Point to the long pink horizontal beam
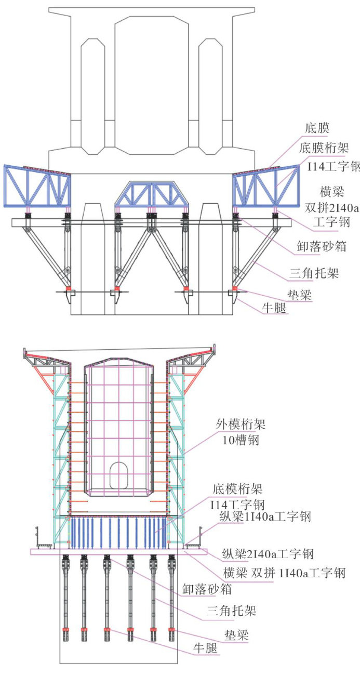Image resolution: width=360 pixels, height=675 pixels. click(119, 551)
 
